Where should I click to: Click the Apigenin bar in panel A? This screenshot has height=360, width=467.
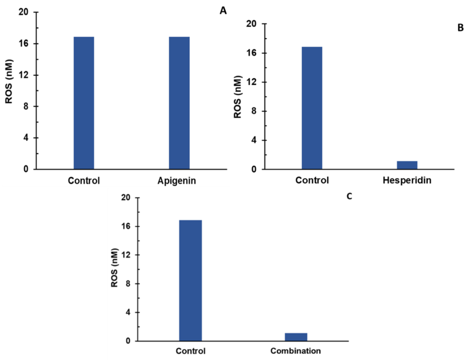tap(179, 103)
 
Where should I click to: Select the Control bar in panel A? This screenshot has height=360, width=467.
tap(83, 103)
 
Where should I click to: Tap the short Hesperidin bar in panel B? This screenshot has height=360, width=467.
tap(407, 165)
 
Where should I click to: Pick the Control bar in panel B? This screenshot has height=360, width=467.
tap(312, 108)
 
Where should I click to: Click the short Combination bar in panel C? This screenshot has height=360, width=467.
tap(296, 337)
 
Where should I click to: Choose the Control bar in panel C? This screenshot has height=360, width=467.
tap(190, 280)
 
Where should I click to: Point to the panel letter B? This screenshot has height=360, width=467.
tap(460, 28)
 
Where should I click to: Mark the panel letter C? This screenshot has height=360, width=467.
tap(350, 197)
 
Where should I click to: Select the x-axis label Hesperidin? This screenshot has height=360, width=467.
tap(407, 180)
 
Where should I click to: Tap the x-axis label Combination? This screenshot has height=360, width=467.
tap(296, 351)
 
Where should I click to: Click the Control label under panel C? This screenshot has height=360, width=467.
tap(191, 351)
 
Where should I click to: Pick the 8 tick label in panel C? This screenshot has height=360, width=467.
tap(130, 283)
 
